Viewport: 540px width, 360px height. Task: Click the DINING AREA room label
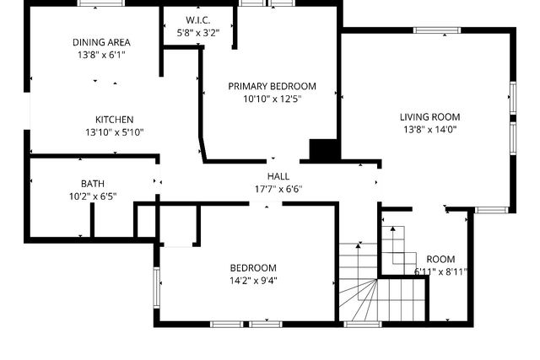pos(100,42)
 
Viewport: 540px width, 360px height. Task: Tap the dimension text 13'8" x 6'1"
pos(100,55)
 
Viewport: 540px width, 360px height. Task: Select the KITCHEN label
pos(114,120)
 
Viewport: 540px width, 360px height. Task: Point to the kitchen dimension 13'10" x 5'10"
pos(114,132)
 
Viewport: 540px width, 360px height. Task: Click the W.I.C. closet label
pos(197,20)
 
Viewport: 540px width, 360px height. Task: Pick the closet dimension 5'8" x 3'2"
pos(197,33)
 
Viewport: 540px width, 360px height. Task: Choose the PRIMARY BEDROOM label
pos(272,86)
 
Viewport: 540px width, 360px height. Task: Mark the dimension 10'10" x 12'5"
pos(272,99)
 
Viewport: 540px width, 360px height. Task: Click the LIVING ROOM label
pos(429,117)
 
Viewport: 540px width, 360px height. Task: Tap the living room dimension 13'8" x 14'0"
pos(429,130)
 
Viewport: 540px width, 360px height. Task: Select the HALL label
pos(278,176)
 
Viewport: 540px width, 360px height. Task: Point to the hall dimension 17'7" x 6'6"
pos(278,189)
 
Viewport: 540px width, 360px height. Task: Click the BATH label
pos(92,184)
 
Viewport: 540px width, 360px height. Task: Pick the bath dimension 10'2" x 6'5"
pos(92,196)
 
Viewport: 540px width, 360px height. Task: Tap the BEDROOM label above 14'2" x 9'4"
pos(252,268)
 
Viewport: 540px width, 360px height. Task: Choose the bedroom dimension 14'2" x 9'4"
pos(252,281)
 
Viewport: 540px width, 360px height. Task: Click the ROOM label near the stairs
pos(440,259)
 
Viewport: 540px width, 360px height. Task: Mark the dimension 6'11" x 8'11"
pos(440,271)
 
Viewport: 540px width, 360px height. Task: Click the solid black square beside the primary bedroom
pos(323,150)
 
